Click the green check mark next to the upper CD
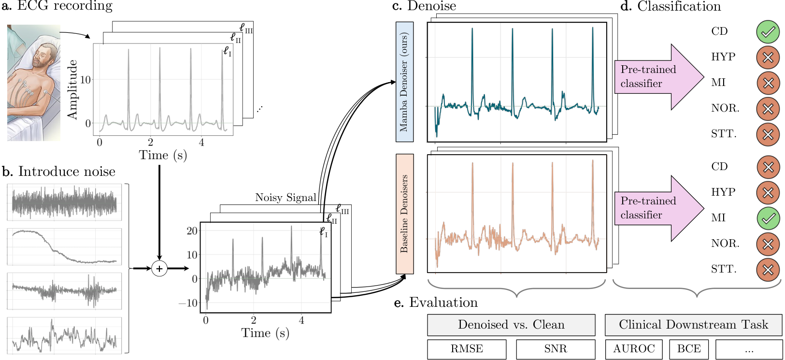(x=768, y=32)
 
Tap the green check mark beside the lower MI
(x=768, y=218)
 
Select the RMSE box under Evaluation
(x=467, y=349)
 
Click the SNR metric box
(x=556, y=349)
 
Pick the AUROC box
(x=634, y=349)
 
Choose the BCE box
(x=689, y=349)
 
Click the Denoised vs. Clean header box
(x=511, y=325)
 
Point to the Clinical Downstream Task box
(x=694, y=325)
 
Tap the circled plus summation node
(x=159, y=269)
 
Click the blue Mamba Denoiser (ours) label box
(x=404, y=82)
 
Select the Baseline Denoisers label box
(x=404, y=214)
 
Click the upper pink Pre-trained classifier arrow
(x=659, y=77)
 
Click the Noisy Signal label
(x=285, y=198)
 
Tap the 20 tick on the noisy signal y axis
(x=192, y=231)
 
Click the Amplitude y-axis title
(x=72, y=90)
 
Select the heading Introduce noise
(x=67, y=172)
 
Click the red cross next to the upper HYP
(x=768, y=58)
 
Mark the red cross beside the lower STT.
(x=768, y=270)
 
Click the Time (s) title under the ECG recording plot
(x=163, y=155)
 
